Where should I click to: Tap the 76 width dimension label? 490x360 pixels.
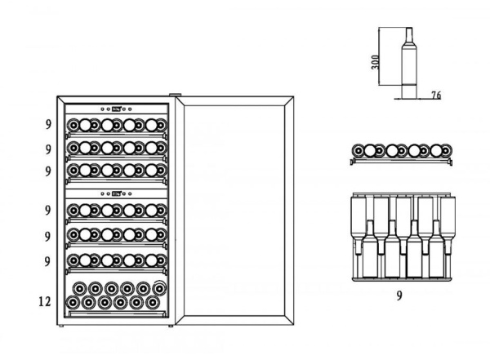pyautogui.click(x=435, y=96)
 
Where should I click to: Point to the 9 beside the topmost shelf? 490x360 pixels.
pyautogui.click(x=48, y=126)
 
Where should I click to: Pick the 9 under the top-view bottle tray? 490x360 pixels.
pyautogui.click(x=399, y=295)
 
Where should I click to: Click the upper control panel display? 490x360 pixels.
pyautogui.click(x=117, y=109)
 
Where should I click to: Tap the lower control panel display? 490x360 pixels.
pyautogui.click(x=117, y=193)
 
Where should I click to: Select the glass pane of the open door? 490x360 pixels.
pyautogui.click(x=234, y=213)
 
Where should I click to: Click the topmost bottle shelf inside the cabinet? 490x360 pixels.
pyautogui.click(x=116, y=127)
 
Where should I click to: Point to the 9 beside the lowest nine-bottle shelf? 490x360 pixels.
pyautogui.click(x=48, y=260)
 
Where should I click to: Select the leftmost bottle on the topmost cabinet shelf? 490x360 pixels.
pyautogui.click(x=73, y=126)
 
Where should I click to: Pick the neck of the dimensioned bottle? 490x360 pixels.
pyautogui.click(x=408, y=38)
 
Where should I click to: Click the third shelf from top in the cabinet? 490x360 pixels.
pyautogui.click(x=116, y=171)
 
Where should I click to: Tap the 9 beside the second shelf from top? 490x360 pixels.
pyautogui.click(x=48, y=149)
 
